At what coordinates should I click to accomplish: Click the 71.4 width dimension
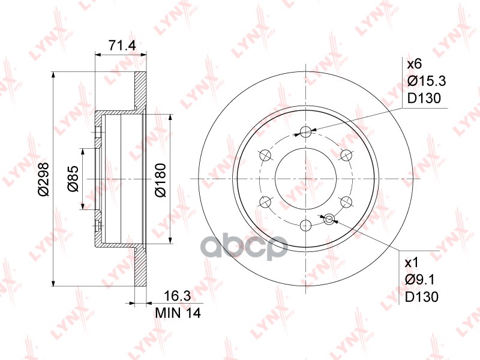122,46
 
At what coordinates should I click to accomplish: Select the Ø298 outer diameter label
43,179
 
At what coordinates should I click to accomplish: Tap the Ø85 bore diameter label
73,179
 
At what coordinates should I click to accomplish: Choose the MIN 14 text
178,313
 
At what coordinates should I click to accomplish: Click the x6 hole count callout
414,64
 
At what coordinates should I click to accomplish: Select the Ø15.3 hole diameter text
427,81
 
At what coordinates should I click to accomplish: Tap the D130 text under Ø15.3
424,98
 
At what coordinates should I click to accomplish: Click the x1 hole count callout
412,263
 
